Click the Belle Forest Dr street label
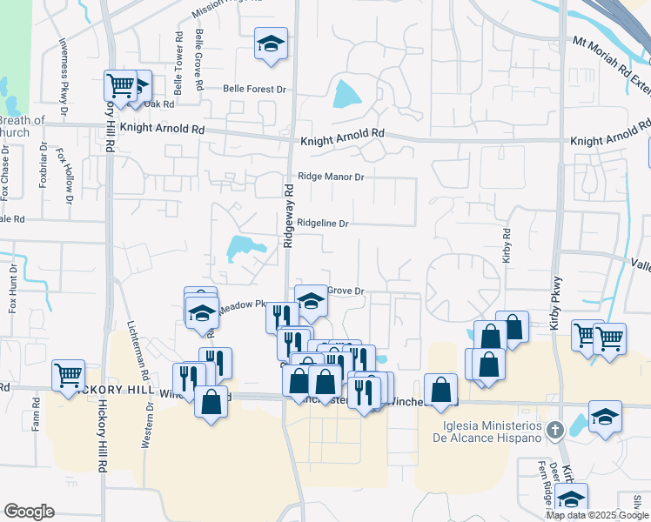coord(254,89)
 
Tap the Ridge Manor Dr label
coord(330,176)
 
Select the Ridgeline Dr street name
coord(322,224)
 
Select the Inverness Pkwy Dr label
coord(63,77)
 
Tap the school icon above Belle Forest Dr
coord(271,43)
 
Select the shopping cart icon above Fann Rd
coord(68,375)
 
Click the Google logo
coord(29,512)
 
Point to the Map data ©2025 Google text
coord(597,515)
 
